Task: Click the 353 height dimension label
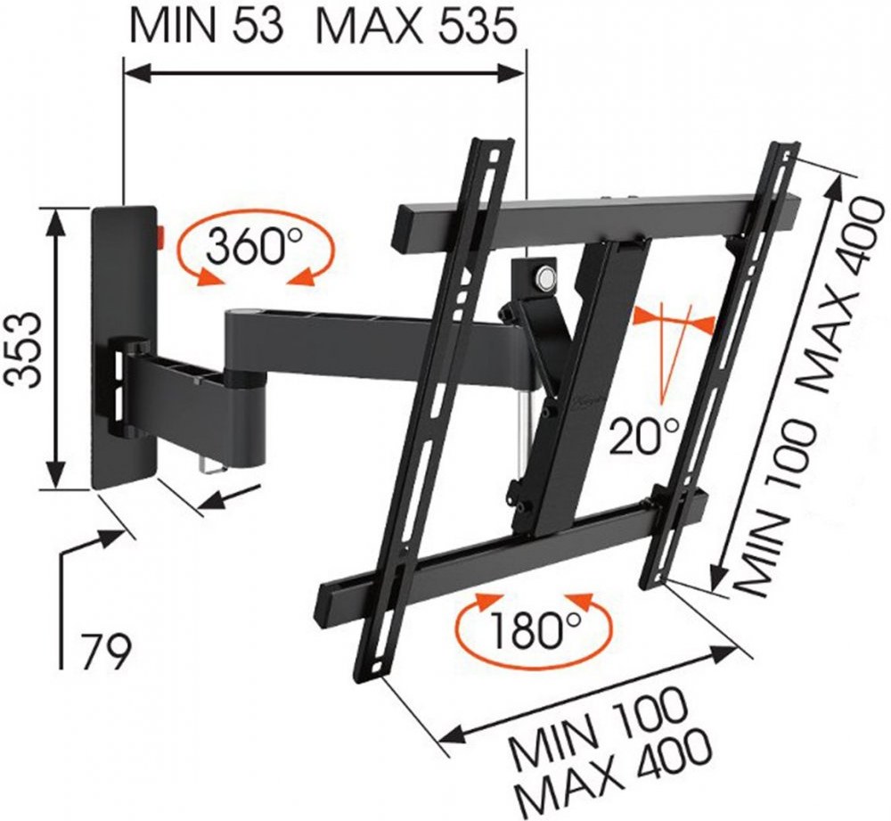(x=24, y=349)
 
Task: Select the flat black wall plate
(x=124, y=347)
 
